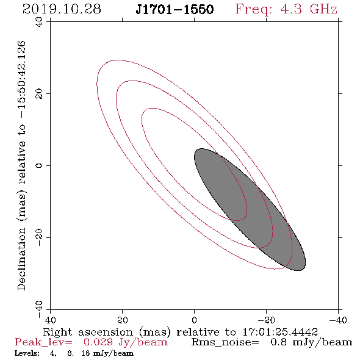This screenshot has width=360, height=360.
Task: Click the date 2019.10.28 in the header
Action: (x=62, y=9)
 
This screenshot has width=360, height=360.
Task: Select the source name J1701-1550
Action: (x=175, y=9)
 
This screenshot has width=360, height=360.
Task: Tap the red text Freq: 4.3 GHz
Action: (x=286, y=9)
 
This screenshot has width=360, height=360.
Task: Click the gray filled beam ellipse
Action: (x=250, y=209)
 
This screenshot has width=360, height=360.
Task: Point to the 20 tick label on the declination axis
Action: (x=39, y=94)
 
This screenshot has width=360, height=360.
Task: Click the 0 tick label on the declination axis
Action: (x=39, y=165)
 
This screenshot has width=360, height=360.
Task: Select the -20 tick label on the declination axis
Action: (x=39, y=238)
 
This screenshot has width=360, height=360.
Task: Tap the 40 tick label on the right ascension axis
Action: (x=50, y=320)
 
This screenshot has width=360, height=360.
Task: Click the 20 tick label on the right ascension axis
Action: (x=122, y=320)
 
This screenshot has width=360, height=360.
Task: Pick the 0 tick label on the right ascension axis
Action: (x=194, y=320)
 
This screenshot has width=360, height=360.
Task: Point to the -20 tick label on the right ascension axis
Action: (x=266, y=320)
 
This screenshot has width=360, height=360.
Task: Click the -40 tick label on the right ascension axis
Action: (x=338, y=320)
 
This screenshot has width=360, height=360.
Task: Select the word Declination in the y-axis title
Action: (x=21, y=259)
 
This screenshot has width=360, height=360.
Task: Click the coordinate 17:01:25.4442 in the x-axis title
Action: (x=280, y=332)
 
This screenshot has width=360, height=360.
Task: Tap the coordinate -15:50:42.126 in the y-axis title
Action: (x=21, y=80)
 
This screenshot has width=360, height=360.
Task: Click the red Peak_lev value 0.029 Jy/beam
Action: (x=126, y=342)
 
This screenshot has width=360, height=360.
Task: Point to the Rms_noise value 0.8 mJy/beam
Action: (x=311, y=342)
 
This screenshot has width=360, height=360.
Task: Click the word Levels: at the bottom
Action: (x=27, y=353)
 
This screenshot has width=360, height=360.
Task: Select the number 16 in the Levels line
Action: (x=85, y=353)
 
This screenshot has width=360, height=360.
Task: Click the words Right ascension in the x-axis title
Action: (x=88, y=332)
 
